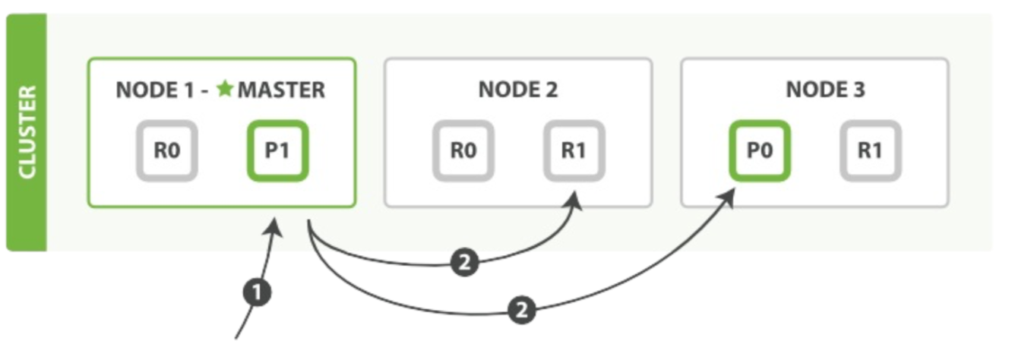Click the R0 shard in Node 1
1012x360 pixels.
click(167, 151)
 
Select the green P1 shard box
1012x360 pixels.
click(278, 151)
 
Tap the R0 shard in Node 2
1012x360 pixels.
click(463, 151)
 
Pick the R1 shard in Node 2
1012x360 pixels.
click(574, 151)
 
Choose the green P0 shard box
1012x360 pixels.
click(760, 151)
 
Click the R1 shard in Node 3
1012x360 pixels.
click(871, 151)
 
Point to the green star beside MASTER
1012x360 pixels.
click(225, 89)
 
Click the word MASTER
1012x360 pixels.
click(281, 90)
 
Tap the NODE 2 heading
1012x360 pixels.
click(518, 90)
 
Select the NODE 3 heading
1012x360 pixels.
click(826, 90)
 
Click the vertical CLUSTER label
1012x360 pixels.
click(27, 132)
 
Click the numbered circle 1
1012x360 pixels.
click(257, 292)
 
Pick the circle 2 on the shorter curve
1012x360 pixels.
click(465, 262)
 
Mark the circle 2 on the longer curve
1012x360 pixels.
click(522, 311)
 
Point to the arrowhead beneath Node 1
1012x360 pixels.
click(274, 228)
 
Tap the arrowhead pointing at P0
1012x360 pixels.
click(726, 197)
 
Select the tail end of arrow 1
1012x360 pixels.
click(236, 338)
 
